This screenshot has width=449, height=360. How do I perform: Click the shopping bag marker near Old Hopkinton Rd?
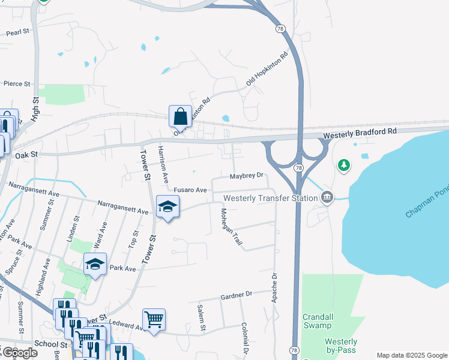point(180,116)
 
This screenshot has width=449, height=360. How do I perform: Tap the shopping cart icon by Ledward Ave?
point(154,319)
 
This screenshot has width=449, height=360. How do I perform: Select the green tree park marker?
point(343,164)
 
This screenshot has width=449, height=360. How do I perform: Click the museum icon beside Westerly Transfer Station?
point(327,197)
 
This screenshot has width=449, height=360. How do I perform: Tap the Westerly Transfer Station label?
point(269,198)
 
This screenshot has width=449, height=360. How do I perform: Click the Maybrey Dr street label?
point(247,176)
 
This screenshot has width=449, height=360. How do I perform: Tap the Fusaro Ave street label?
point(190,190)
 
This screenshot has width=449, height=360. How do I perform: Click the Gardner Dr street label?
point(237,295)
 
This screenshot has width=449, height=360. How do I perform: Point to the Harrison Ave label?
point(163,164)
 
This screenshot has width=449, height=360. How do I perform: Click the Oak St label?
point(26,155)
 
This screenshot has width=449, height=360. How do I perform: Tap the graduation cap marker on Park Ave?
point(95,264)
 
